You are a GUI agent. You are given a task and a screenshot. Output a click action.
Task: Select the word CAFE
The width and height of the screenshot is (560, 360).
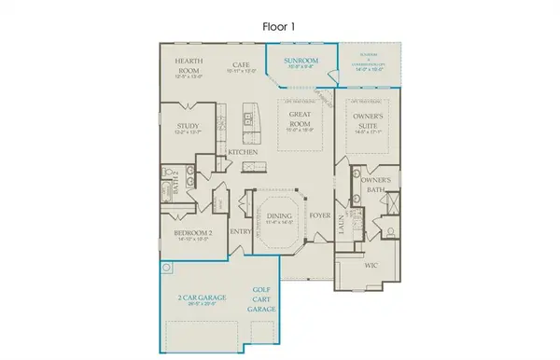point(242,66)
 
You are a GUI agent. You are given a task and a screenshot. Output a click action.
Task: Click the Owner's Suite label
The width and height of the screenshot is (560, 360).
point(365,121)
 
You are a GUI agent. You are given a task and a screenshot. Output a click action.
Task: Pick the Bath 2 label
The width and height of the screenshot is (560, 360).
point(171,179)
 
